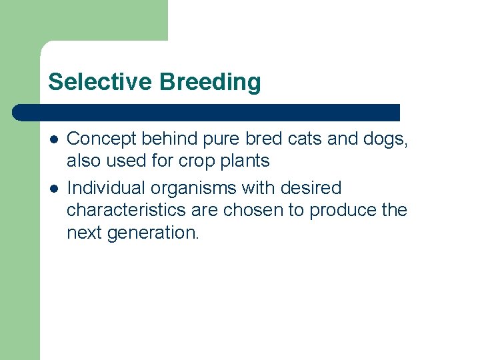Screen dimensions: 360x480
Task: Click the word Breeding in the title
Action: pos(210,82)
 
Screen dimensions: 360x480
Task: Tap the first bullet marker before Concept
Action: pos(53,139)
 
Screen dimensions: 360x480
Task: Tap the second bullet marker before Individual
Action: pos(53,188)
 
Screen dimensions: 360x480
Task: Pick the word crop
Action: pos(199,161)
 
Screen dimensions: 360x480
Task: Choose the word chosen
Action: pos(253,210)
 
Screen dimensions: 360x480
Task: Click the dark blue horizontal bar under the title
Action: pos(207,112)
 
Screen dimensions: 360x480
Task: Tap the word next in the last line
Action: pos(84,233)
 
